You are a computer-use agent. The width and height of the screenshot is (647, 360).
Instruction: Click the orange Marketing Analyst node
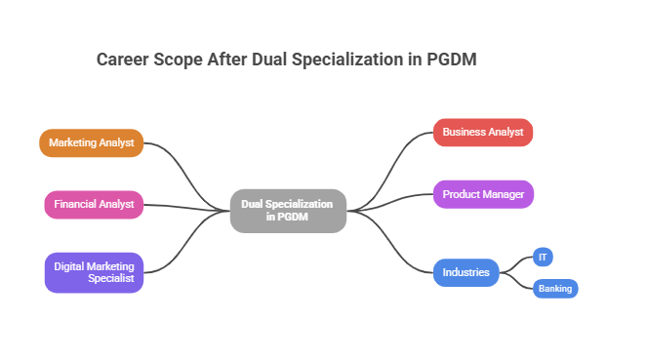point(92,142)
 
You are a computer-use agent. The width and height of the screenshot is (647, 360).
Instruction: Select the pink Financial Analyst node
point(94,205)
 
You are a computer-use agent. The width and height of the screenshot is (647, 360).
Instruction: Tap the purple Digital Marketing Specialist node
point(94,272)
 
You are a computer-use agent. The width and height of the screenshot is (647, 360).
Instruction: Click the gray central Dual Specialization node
point(288,211)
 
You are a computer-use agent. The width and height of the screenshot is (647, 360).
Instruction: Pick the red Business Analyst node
point(483,132)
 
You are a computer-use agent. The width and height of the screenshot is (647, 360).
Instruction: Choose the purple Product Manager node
point(483,194)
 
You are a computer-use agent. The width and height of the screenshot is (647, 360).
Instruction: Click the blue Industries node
point(465,272)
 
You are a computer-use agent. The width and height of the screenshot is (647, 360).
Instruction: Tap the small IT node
point(544,257)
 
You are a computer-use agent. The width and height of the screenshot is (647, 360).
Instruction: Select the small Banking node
point(555,289)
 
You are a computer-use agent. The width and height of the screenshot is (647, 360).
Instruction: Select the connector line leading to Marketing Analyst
point(185,171)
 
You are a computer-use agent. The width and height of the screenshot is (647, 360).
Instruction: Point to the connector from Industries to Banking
point(517,282)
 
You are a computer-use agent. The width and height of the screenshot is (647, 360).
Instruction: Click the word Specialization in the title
point(347,60)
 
